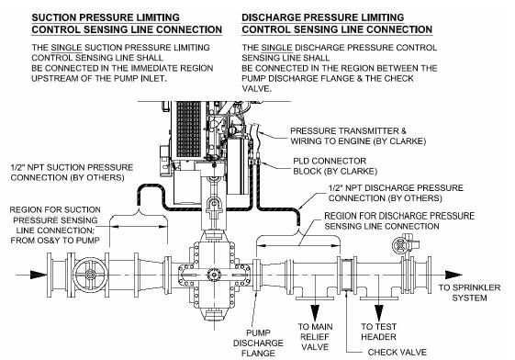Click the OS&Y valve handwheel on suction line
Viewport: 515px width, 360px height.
point(90,275)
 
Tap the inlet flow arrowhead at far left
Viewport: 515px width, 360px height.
point(39,275)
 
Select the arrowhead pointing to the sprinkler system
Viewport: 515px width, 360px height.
point(453,275)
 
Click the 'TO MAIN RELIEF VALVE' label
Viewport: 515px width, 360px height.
point(315,337)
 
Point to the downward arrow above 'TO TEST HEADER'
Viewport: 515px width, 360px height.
point(379,313)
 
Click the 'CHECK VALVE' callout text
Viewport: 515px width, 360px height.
point(397,353)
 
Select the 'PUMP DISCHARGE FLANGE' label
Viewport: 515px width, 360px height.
point(258,343)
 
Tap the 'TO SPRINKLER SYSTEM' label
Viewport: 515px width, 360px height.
point(469,293)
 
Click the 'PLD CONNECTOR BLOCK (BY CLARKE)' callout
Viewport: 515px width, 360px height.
point(335,166)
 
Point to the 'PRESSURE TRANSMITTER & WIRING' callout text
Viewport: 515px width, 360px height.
point(358,136)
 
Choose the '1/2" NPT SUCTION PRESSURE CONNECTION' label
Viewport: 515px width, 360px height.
point(72,173)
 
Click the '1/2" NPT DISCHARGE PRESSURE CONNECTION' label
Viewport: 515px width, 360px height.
point(396,193)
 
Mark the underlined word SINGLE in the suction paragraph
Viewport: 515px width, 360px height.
point(66,48)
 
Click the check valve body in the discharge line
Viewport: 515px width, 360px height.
point(347,275)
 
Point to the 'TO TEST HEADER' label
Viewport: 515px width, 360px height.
point(379,332)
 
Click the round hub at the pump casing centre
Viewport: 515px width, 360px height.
point(214,275)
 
